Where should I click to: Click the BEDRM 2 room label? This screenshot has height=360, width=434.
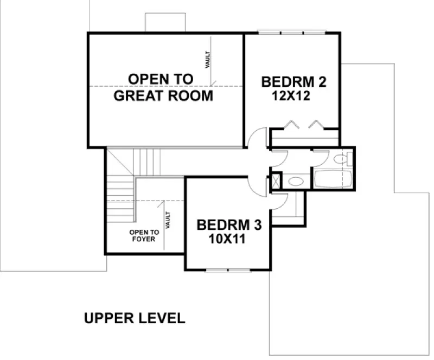pyautogui.click(x=293, y=82)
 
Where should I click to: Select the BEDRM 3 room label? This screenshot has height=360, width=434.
pyautogui.click(x=227, y=224)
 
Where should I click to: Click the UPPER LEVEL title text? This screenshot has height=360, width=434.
pyautogui.click(x=135, y=318)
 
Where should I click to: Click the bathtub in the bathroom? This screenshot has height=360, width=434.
pyautogui.click(x=331, y=179)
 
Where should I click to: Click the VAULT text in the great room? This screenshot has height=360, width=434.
pyautogui.click(x=207, y=59)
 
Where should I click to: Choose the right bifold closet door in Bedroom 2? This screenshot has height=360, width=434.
pyautogui.click(x=317, y=124)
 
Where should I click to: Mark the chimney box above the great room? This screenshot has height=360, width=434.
pyautogui.click(x=165, y=22)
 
